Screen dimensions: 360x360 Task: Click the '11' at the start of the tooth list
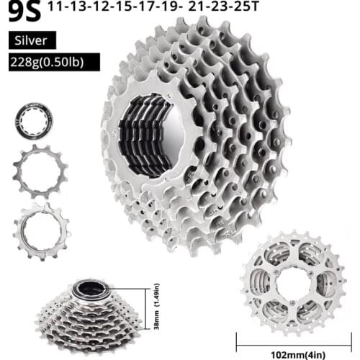[x=73, y=9]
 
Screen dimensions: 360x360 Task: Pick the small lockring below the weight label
[x=35, y=122]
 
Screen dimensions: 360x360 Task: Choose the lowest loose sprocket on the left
[x=42, y=229]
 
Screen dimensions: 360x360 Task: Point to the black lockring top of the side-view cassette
[x=89, y=289]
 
